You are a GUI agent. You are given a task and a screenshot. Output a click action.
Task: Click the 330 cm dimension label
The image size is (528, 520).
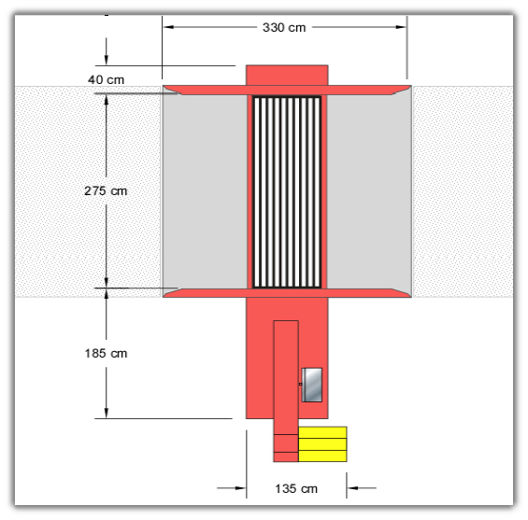click(x=284, y=28)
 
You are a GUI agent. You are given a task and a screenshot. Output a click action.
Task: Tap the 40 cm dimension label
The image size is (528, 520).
click(x=107, y=79)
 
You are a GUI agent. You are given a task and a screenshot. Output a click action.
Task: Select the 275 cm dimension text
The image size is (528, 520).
click(x=106, y=190)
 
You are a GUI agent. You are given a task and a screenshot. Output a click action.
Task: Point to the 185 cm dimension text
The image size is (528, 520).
click(x=106, y=353)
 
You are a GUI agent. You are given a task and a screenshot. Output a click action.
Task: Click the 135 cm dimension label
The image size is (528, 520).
click(x=296, y=488)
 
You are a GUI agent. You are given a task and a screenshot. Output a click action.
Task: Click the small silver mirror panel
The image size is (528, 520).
click(x=312, y=385)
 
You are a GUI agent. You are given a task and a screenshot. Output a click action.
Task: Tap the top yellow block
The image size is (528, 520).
click(x=322, y=432)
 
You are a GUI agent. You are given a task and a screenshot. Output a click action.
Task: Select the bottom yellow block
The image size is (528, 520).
click(x=322, y=456)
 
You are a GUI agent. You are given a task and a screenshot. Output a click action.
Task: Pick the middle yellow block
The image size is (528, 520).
click(x=322, y=444)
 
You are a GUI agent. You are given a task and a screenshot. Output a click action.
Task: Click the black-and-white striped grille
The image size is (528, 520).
click(x=287, y=192)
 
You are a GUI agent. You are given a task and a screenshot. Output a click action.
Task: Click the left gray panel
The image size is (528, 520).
click(x=205, y=191)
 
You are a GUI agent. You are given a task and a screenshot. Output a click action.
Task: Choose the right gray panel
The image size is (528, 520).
click(x=369, y=191)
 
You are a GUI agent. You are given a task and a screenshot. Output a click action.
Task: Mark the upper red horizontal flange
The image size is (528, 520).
click(x=287, y=91)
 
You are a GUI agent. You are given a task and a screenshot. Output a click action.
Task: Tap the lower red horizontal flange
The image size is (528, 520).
click(x=287, y=292)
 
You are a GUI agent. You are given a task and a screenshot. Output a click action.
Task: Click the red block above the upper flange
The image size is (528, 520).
click(x=287, y=76)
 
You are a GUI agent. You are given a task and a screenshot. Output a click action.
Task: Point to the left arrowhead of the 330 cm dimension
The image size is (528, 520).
click(x=168, y=27)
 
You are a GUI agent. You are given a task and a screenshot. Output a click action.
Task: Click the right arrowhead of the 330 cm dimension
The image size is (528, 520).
click(x=401, y=27)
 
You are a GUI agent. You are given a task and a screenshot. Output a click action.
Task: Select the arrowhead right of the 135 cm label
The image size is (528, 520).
click(x=352, y=487)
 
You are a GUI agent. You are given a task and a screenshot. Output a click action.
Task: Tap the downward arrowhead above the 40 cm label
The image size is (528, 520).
click(x=107, y=61)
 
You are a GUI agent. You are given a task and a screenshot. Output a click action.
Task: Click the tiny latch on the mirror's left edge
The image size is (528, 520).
click(x=300, y=384)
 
